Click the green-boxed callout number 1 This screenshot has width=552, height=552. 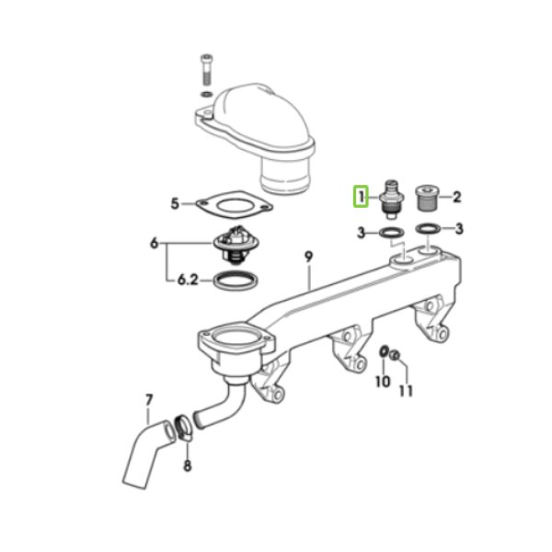(361, 197)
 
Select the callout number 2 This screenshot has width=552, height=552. (456, 197)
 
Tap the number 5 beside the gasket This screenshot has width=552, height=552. (175, 204)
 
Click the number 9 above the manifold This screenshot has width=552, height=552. (308, 257)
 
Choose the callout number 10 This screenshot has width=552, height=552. (383, 382)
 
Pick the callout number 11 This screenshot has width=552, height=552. (406, 391)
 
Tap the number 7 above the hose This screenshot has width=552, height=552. (149, 400)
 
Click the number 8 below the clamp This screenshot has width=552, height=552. (188, 466)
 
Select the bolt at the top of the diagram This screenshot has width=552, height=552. (207, 70)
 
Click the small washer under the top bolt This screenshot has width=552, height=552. (206, 94)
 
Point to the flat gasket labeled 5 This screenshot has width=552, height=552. (234, 205)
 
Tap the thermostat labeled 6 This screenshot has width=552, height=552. (236, 245)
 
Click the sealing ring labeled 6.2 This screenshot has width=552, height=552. (236, 281)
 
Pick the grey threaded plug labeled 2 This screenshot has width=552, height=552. (427, 198)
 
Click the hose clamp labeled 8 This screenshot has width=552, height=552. (184, 427)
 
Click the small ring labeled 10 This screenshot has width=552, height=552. (384, 351)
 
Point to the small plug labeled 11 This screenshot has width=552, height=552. (395, 355)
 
